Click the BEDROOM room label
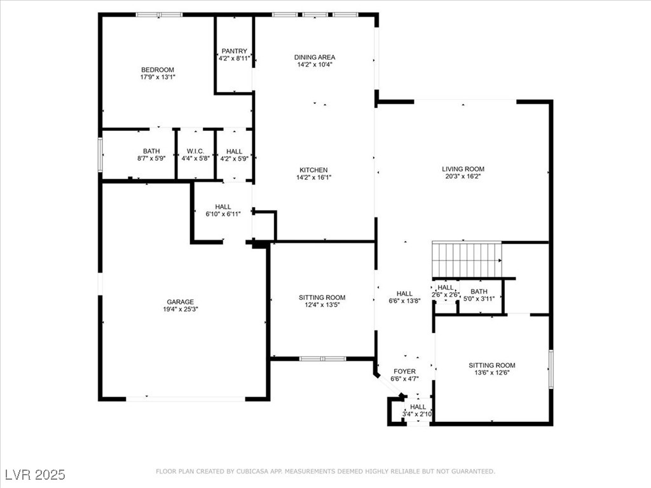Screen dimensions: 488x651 coord(158,70)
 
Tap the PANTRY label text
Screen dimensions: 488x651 coord(234,51)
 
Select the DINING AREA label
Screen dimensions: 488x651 coord(314,57)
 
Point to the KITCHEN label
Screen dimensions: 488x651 coord(314,170)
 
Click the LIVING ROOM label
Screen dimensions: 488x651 coord(463,169)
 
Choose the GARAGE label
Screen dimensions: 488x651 coord(181,302)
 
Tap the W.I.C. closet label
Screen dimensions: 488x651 coord(195,151)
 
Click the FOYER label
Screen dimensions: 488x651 coord(404,372)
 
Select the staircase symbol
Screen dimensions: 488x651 coord(467,260)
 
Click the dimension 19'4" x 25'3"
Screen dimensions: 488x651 coord(181,310)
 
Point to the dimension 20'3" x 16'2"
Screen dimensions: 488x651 coord(463,177)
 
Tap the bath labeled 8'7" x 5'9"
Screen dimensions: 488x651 coord(151,154)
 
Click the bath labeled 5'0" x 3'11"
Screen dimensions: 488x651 coord(479,294)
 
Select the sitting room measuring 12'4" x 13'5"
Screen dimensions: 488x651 coord(322,301)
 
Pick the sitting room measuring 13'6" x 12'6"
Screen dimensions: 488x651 coord(492,369)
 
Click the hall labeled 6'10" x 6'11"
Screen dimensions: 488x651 coord(223,210)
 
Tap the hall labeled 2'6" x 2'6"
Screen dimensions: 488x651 coord(445,291)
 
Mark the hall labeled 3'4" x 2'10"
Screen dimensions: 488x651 coord(418,410)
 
